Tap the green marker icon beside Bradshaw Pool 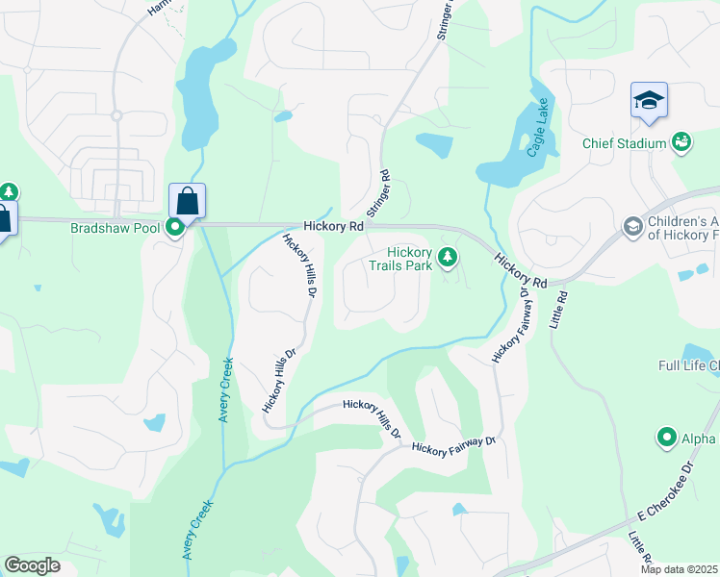(175, 228)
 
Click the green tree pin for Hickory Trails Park (447, 257)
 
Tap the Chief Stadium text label (625, 143)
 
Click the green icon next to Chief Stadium (682, 142)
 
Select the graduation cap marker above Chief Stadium (649, 101)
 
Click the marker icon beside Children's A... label (633, 227)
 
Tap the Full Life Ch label (688, 365)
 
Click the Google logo (32, 565)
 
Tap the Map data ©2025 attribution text (679, 569)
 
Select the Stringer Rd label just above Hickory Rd (377, 193)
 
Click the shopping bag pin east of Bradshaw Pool (187, 202)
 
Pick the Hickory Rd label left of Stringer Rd (332, 227)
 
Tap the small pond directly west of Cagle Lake (434, 145)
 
